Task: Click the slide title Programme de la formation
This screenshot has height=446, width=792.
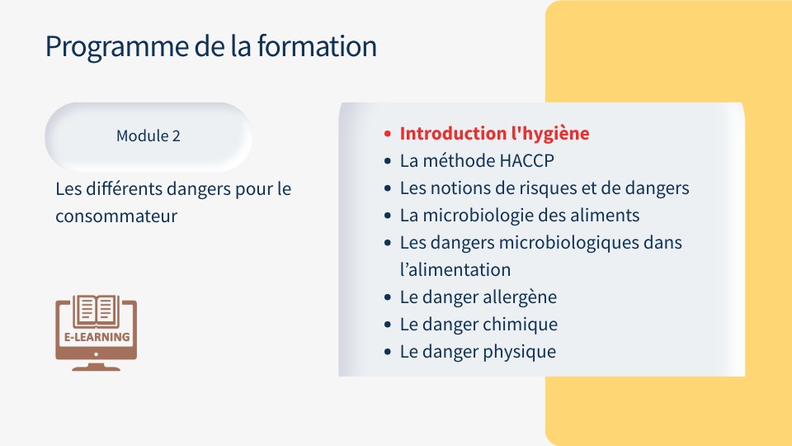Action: pos(210,46)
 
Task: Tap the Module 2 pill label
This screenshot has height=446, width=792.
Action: pos(148,136)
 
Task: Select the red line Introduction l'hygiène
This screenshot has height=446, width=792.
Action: pos(494,134)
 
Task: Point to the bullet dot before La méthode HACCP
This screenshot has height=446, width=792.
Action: pos(388,161)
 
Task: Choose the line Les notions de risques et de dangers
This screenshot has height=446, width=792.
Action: pos(544,188)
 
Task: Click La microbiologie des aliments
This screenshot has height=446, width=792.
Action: pos(519,216)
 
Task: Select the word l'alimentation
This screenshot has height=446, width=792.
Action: pos(455,270)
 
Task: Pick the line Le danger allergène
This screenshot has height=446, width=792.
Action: pos(478,297)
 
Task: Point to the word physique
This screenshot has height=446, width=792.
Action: pos(520,352)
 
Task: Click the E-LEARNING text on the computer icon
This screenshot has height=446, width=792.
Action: pos(97,337)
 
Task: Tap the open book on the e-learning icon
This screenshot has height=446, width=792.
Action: pos(97,311)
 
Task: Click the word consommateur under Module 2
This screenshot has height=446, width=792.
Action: pos(116,217)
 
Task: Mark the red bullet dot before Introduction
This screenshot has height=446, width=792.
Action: pos(388,134)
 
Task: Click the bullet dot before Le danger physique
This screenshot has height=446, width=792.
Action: pos(388,352)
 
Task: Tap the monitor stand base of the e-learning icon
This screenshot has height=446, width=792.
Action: pos(96,367)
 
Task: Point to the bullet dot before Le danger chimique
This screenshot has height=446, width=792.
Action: pos(388,325)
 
